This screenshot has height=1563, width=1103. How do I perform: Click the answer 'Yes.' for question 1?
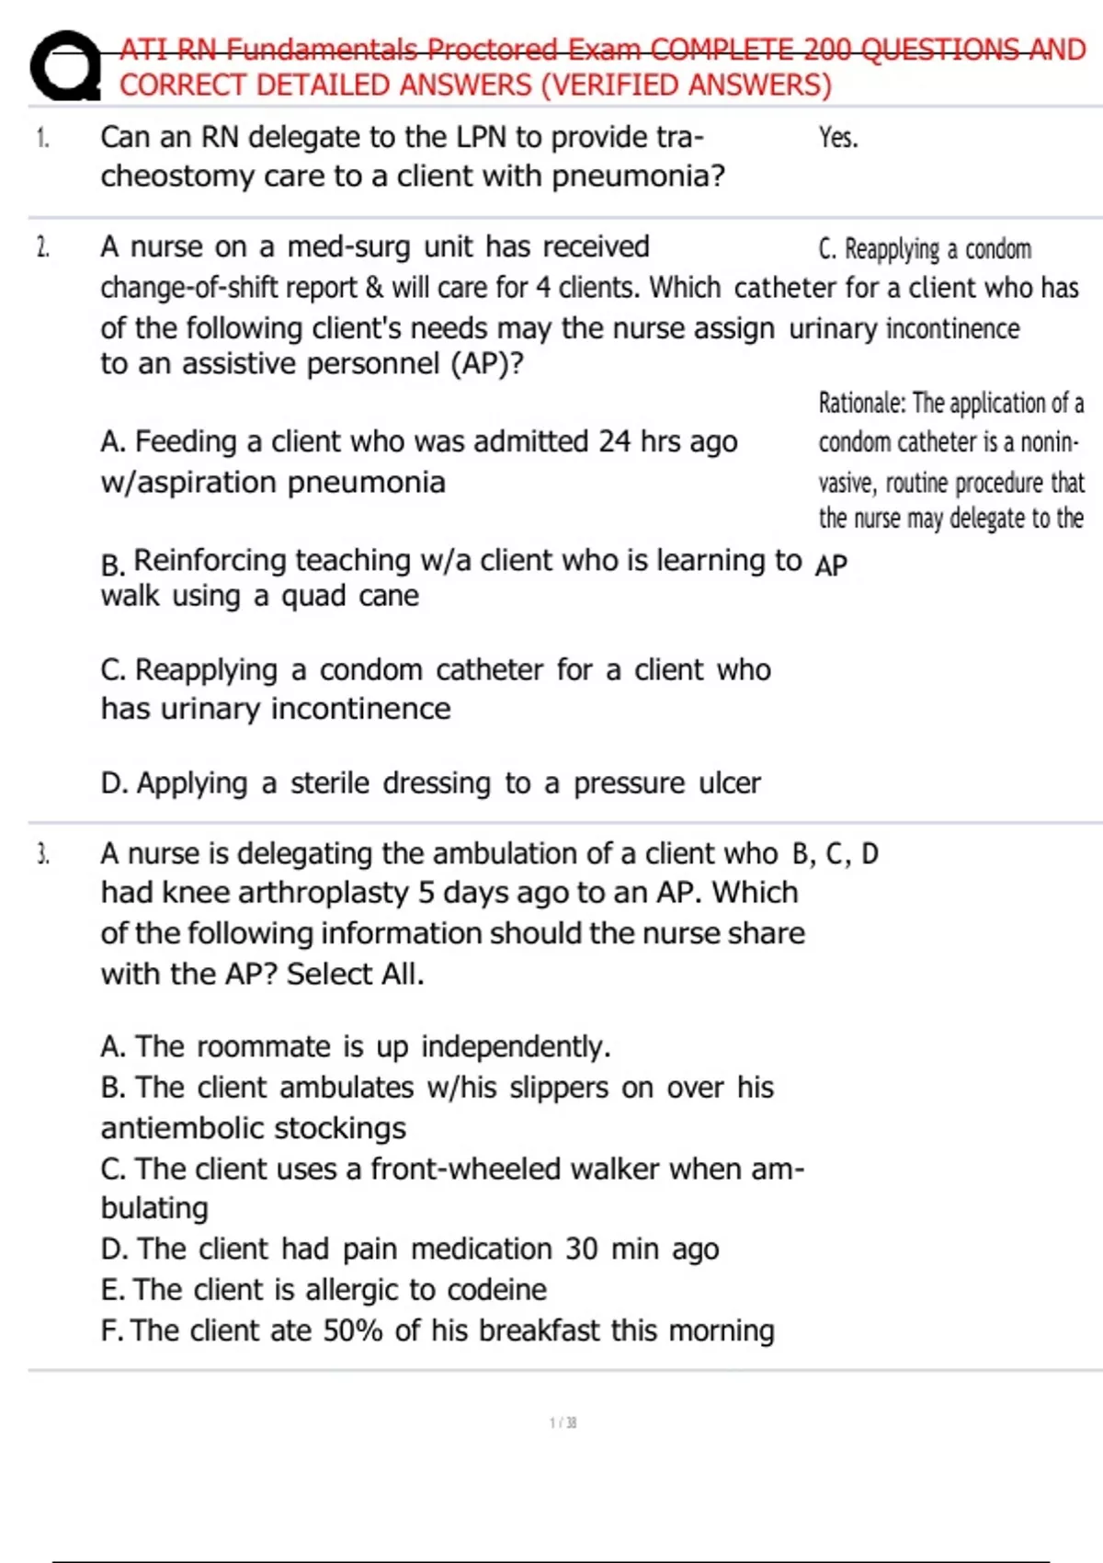(x=838, y=138)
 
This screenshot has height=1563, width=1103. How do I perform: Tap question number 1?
(x=42, y=138)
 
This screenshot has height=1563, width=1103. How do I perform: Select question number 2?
(x=42, y=247)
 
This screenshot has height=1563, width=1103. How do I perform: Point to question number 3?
(x=42, y=854)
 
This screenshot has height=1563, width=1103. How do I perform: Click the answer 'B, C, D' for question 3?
(x=835, y=854)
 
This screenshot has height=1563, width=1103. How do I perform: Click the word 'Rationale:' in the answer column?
(x=862, y=403)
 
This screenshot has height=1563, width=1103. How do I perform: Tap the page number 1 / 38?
(x=563, y=1422)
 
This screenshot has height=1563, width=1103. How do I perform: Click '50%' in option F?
(x=352, y=1331)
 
